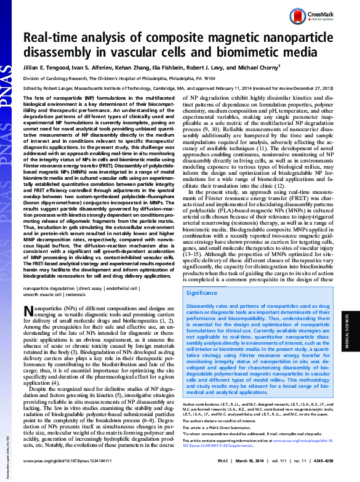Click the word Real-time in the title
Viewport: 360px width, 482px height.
point(53,38)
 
